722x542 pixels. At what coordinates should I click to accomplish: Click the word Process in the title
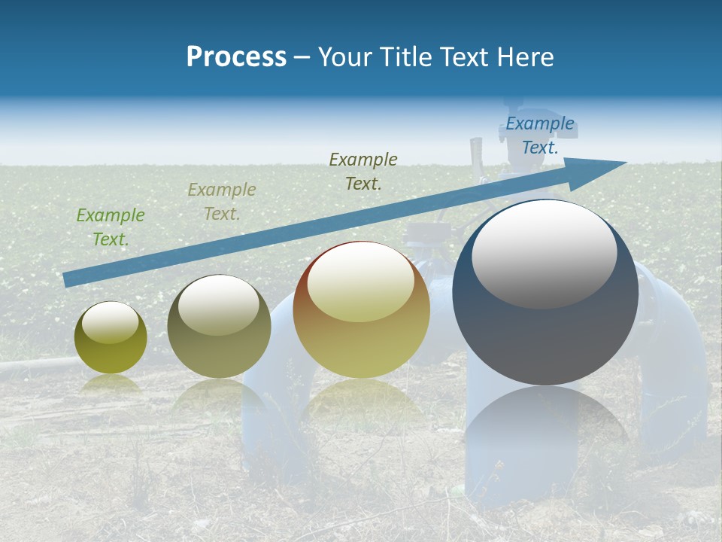pyautogui.click(x=236, y=56)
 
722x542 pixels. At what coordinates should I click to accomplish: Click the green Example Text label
pyautogui.click(x=111, y=227)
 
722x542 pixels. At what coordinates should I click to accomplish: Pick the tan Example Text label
pyautogui.click(x=222, y=202)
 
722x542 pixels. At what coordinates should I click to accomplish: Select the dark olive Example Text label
pyautogui.click(x=363, y=171)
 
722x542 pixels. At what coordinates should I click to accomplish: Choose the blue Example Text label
pyautogui.click(x=540, y=135)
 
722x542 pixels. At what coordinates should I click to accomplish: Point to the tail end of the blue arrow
pyautogui.click(x=68, y=279)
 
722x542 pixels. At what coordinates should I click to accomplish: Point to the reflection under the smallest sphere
pyautogui.click(x=111, y=384)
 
